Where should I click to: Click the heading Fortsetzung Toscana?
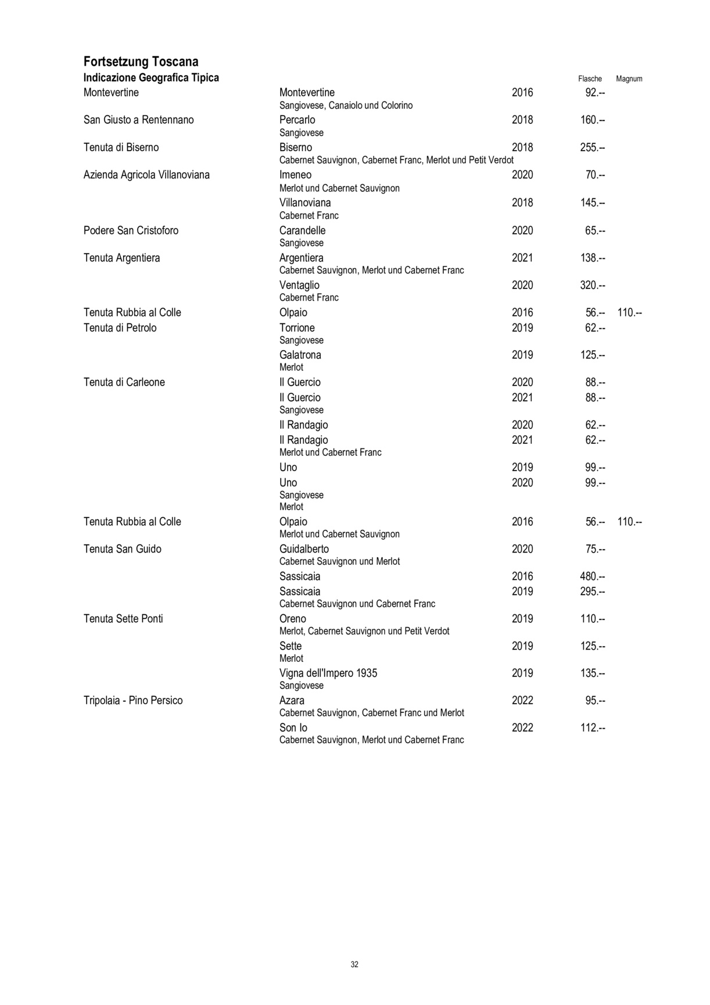pyautogui.click(x=141, y=62)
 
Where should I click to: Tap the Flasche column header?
pyautogui.click(x=590, y=79)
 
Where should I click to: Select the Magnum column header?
pyautogui.click(x=629, y=79)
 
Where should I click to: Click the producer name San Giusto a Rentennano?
pyautogui.click(x=138, y=120)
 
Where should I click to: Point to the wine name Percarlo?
pyautogui.click(x=297, y=120)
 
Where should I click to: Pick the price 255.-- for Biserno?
pyautogui.click(x=592, y=147)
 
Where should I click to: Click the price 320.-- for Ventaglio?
pyautogui.click(x=592, y=285)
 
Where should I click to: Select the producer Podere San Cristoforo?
pyautogui.click(x=131, y=230)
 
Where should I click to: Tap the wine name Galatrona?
pyautogui.click(x=300, y=355)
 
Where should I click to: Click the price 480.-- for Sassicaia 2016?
pyautogui.click(x=592, y=576)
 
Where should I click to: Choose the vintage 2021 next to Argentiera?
pyautogui.click(x=522, y=258)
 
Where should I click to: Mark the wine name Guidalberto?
pyautogui.click(x=304, y=549)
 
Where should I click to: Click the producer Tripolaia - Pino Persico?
pyautogui.click(x=133, y=700)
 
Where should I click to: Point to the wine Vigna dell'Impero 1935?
pyautogui.click(x=328, y=673)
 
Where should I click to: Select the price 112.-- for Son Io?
pyautogui.click(x=592, y=728)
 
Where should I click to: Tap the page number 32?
pyautogui.click(x=354, y=964)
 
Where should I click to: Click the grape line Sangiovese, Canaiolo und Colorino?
pyautogui.click(x=346, y=105)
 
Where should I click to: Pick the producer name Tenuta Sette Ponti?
pyautogui.click(x=123, y=619)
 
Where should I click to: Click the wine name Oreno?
pyautogui.click(x=292, y=619)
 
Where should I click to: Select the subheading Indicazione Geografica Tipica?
pyautogui.click(x=151, y=78)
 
